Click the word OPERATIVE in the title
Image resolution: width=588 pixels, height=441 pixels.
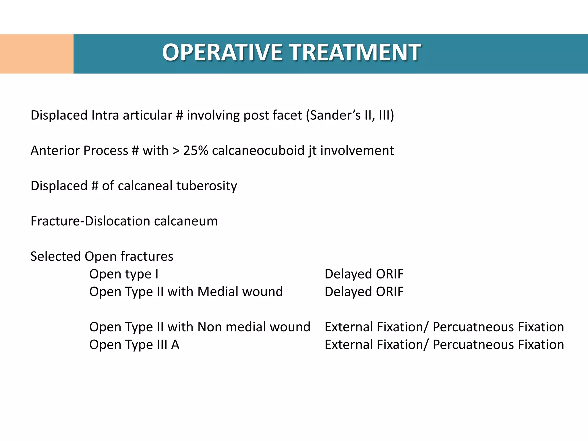coord(223,53)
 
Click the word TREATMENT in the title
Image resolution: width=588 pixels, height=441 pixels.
coord(356,53)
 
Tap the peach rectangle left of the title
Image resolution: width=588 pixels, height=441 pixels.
coord(36,54)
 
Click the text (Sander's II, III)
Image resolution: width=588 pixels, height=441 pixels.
coord(350,115)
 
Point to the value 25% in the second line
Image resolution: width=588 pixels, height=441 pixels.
coord(196,151)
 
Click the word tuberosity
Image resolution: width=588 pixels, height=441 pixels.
coord(206,186)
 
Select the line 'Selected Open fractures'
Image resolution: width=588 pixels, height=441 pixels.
coord(102,256)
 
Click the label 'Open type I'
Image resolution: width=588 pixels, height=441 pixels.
coord(124,274)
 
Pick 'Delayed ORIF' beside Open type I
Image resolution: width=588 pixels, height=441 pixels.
coord(364,274)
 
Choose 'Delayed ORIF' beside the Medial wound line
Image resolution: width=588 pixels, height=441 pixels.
coord(364,292)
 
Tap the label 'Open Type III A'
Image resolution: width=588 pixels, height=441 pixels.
coord(134,345)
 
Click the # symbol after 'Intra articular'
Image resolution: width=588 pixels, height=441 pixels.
coord(179,115)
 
